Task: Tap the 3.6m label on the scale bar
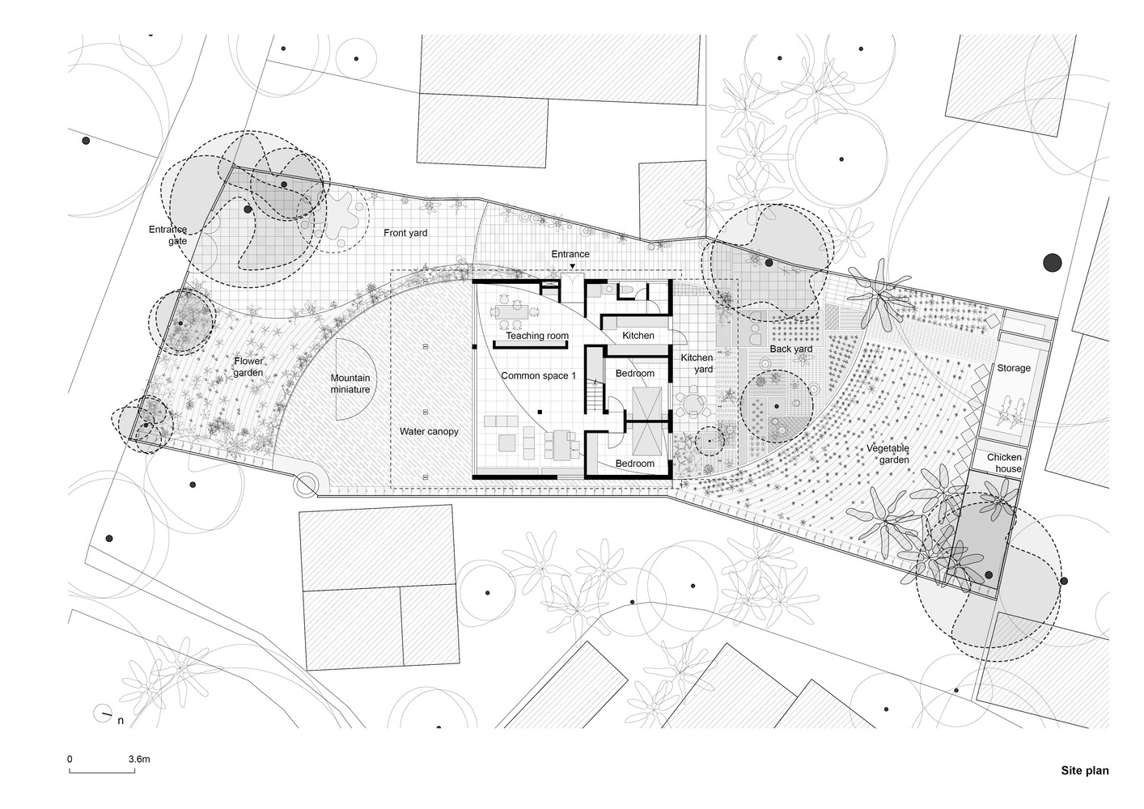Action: point(139,759)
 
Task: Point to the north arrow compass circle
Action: point(103,713)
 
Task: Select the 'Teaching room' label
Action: point(536,336)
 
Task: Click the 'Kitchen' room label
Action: point(638,335)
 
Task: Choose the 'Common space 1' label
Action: point(538,375)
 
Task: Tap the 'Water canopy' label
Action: point(429,431)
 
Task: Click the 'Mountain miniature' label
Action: point(350,383)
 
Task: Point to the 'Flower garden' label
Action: point(248,366)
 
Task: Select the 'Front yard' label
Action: point(405,233)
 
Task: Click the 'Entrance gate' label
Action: point(168,235)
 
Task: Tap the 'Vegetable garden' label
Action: point(888,454)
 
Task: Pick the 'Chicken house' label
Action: point(1004,463)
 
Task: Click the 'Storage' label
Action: point(1014,368)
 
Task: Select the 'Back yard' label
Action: point(790,349)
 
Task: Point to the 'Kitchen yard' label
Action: point(697,363)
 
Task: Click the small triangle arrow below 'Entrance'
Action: point(573,266)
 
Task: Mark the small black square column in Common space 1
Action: point(540,412)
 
